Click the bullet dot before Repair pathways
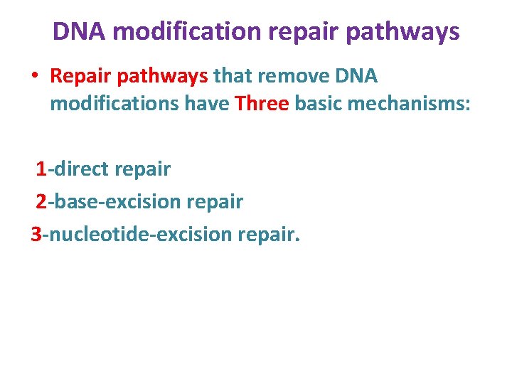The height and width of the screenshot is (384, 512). coord(35,75)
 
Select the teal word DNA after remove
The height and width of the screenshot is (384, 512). coord(357,75)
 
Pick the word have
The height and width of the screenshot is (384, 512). coord(208,104)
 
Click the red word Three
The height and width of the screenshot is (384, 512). coord(262,104)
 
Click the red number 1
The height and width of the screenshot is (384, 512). coord(41,169)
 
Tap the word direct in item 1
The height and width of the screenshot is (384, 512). coord(80,169)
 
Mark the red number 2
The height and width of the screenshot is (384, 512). coord(41,202)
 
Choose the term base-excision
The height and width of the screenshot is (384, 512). coord(117,202)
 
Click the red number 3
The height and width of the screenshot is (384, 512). coord(37,234)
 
